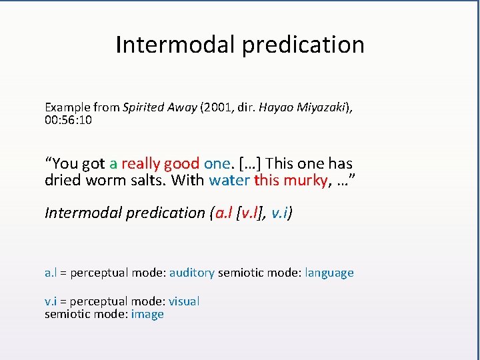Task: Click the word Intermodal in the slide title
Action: coord(175,45)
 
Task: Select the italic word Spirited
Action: coord(144,107)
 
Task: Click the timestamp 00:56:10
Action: coord(68,120)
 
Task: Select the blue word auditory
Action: coord(192,273)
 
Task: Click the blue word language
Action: coord(329,273)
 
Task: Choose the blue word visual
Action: coord(184,301)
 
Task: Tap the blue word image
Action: coord(147,314)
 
